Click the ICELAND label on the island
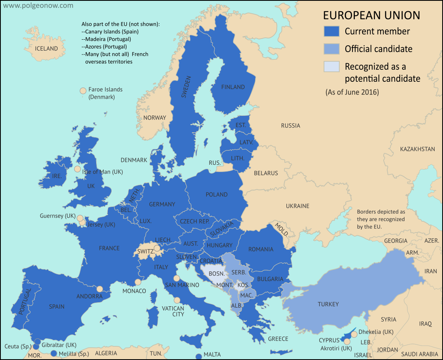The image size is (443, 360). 46,49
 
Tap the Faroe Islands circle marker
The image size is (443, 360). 83,91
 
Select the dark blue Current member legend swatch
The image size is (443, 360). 332,31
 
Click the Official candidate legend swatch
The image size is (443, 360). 332,49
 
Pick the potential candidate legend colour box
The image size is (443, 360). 332,67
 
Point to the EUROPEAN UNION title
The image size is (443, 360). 371,15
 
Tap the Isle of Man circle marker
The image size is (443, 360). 77,169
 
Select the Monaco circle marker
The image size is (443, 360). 138,282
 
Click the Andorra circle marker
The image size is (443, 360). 100,289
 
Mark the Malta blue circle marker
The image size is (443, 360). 198,356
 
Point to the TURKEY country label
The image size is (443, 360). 328,304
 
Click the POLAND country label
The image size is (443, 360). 216,194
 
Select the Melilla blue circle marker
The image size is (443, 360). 54,353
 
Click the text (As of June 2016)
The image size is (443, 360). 352,92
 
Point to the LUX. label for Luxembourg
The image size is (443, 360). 145,220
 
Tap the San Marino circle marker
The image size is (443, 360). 176,278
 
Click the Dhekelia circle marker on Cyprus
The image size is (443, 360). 354,334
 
